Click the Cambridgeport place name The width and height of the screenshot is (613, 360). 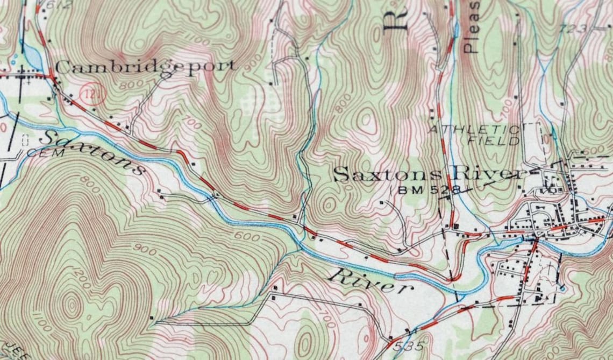tap(145, 67)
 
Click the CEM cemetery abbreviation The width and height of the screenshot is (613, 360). tap(38, 153)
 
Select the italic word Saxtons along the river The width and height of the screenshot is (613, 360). tap(91, 151)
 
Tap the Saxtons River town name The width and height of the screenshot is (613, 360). tap(427, 174)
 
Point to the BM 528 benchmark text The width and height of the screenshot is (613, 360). tap(429, 190)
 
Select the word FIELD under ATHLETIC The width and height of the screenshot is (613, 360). tap(494, 142)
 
